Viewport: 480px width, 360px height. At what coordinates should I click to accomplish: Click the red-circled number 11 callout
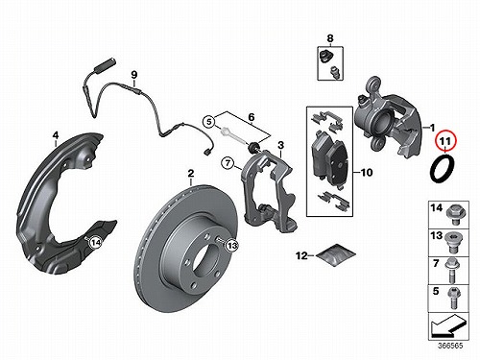(x=445, y=141)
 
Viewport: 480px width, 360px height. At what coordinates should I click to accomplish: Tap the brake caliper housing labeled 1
(x=387, y=117)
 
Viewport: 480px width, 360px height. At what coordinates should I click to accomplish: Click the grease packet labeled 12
(x=336, y=254)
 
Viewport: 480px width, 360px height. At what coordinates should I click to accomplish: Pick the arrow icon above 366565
(x=448, y=326)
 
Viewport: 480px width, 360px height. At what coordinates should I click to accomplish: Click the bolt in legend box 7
(x=452, y=271)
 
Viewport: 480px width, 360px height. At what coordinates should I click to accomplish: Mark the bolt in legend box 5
(x=454, y=299)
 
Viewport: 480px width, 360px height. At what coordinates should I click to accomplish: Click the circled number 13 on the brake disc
(x=232, y=246)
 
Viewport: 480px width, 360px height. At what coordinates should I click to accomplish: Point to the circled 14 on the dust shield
(x=95, y=243)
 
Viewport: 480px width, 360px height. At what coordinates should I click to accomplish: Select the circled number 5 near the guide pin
(x=209, y=122)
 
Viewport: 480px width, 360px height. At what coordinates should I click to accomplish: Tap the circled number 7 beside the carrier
(x=228, y=163)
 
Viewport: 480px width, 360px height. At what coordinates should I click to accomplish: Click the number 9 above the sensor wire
(x=134, y=75)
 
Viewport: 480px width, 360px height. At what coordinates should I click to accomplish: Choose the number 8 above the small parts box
(x=330, y=38)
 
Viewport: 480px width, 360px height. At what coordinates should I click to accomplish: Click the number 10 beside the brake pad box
(x=367, y=173)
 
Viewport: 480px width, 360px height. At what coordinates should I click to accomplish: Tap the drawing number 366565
(x=450, y=346)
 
